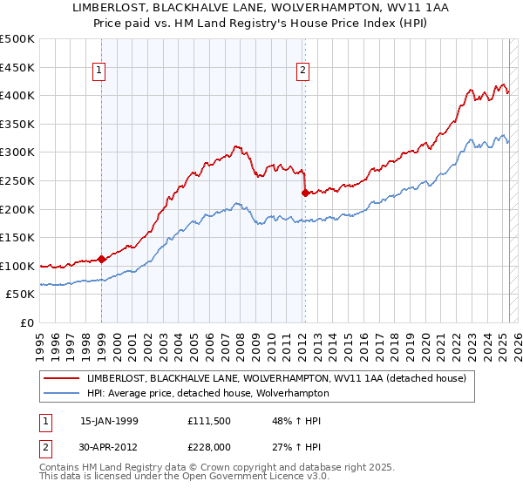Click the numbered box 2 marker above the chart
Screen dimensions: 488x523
click(303, 72)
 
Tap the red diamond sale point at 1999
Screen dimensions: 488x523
click(102, 258)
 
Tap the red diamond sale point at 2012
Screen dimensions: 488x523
click(305, 193)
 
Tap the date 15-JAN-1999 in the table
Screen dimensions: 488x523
click(110, 422)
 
